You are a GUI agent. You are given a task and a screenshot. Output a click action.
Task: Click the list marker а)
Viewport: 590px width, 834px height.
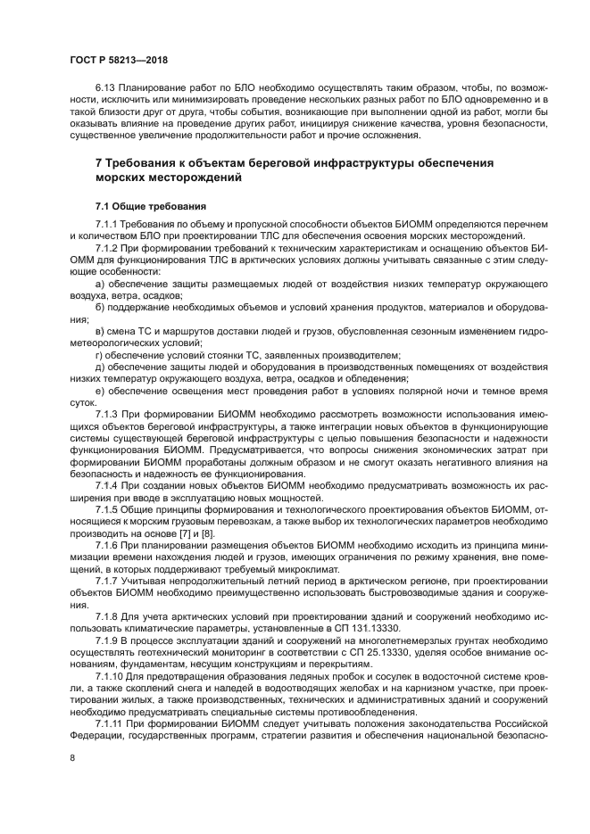[100, 284]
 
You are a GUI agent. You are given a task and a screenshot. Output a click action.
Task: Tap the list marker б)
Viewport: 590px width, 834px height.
[100, 307]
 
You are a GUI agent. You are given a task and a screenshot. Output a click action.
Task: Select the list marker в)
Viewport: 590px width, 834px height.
[100, 331]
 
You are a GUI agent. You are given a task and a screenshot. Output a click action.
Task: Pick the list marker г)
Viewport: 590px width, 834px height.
[99, 354]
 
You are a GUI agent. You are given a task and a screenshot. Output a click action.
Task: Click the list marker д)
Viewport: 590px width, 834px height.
[100, 366]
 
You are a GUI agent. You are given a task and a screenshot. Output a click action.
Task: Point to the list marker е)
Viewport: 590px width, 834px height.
[100, 390]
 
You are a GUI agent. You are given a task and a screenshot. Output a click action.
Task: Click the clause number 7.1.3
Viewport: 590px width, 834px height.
[107, 414]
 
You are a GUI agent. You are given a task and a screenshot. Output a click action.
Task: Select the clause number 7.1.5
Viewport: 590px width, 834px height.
[107, 508]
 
